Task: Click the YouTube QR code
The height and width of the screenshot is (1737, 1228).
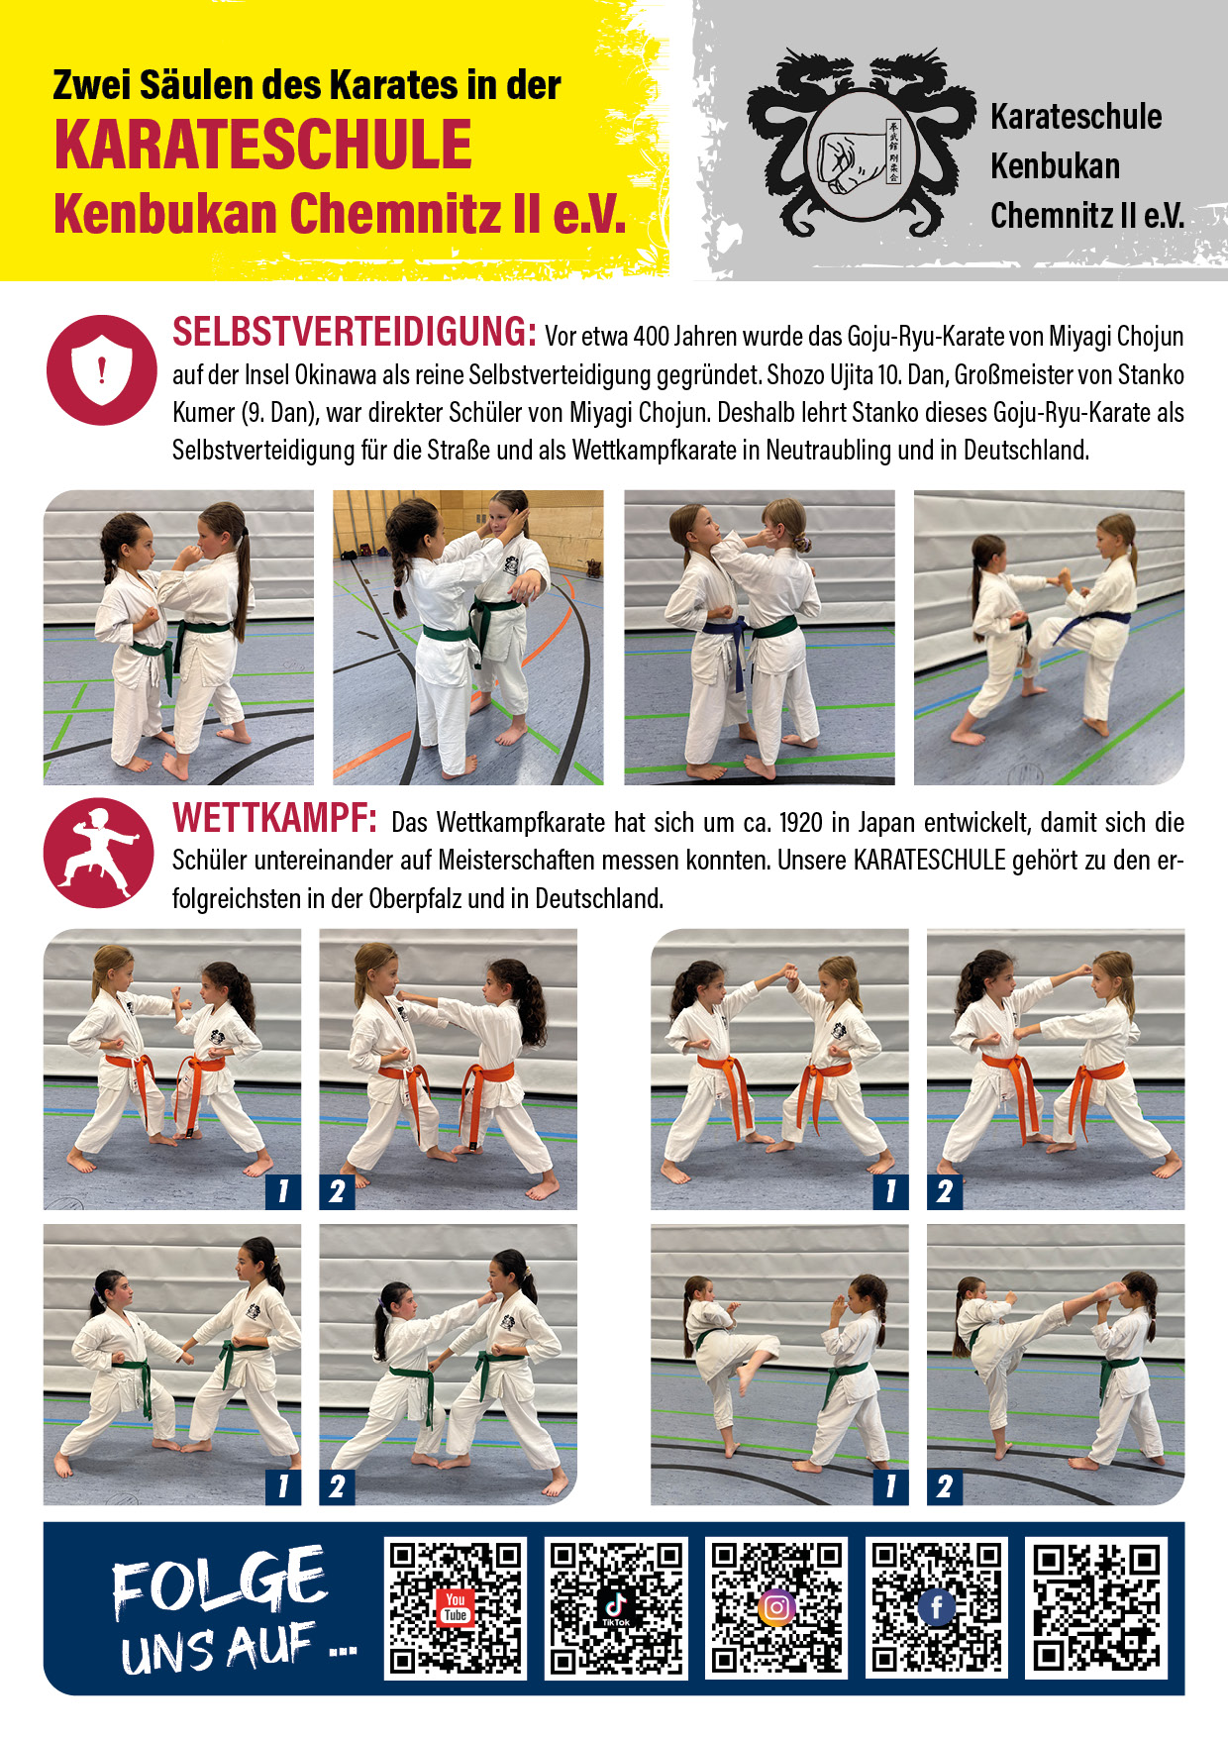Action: pos(456,1608)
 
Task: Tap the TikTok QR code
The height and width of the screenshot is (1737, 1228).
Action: pos(616,1608)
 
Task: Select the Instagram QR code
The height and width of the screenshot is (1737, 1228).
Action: pos(776,1608)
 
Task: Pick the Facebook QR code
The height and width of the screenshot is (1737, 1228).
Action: pos(937,1608)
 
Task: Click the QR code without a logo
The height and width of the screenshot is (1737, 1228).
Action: pos(1096,1608)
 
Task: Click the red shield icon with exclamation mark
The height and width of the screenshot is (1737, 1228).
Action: pos(101,370)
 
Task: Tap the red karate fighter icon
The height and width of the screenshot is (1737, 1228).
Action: pos(99,853)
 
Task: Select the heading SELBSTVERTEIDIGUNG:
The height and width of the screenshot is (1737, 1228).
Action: pos(355,333)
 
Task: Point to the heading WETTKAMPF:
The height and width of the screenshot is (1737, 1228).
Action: pos(274,819)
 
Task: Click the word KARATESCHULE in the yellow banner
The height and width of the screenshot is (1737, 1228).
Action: pos(263,146)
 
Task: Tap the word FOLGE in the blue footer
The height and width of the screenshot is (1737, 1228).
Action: pos(219,1582)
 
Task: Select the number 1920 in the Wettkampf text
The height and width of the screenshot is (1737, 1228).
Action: pos(801,823)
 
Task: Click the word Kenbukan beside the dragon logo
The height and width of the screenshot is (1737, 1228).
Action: pos(1055,166)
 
